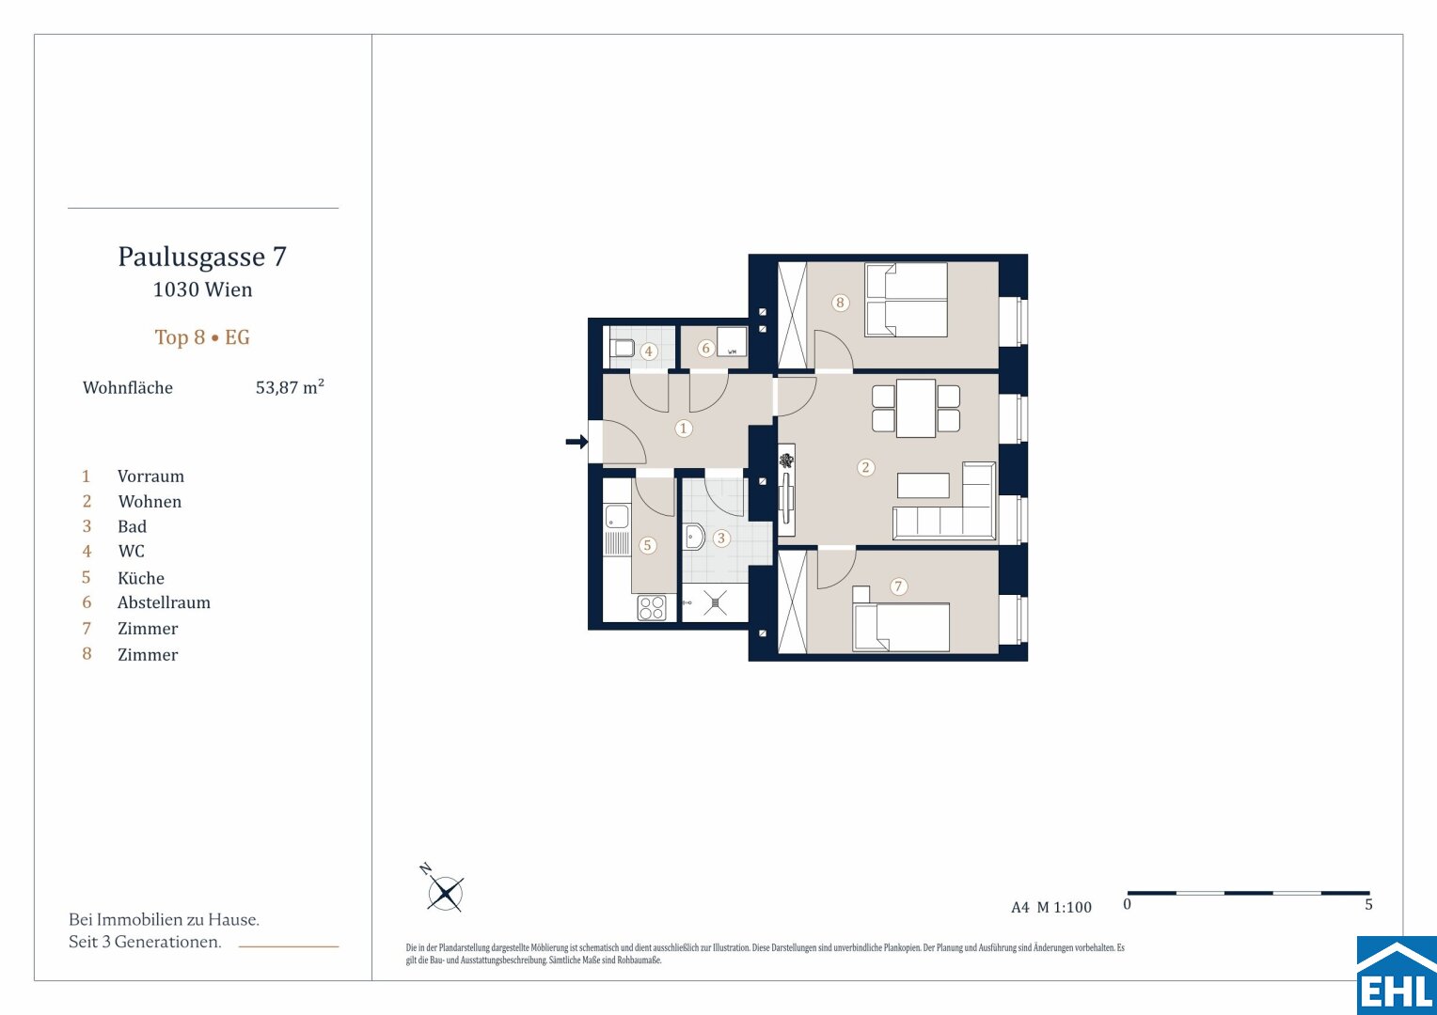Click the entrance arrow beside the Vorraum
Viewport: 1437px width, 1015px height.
click(576, 441)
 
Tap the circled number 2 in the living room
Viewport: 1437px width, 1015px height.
click(865, 467)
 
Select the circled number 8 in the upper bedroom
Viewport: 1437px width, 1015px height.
click(840, 303)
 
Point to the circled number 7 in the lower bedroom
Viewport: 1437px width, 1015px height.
click(898, 586)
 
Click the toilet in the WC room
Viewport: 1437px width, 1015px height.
click(622, 349)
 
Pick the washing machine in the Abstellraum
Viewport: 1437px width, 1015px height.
click(732, 342)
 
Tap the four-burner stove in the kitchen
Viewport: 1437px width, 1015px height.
click(651, 608)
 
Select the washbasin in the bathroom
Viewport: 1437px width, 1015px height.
click(694, 536)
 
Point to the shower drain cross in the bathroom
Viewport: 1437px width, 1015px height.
click(715, 602)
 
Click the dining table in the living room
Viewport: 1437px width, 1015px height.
click(915, 409)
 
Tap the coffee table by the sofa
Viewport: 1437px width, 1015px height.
click(924, 485)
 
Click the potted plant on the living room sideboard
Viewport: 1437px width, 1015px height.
click(786, 460)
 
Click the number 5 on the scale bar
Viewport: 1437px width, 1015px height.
click(1368, 905)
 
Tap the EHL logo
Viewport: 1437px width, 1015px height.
click(1397, 976)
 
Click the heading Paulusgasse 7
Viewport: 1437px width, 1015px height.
click(202, 257)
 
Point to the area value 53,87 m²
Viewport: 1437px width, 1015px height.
click(290, 387)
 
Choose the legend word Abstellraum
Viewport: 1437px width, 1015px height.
click(164, 602)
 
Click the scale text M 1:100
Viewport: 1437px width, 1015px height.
click(1065, 907)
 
